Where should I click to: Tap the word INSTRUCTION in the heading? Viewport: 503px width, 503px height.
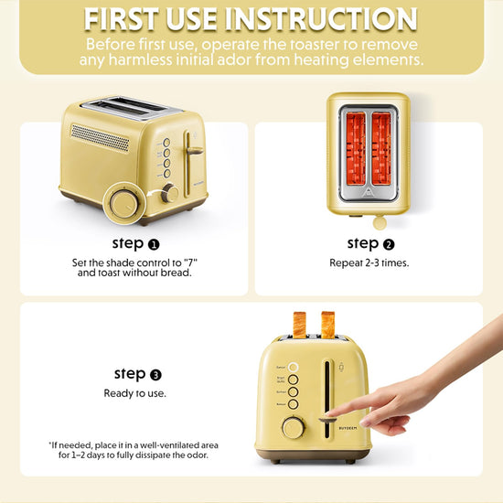click(x=321, y=19)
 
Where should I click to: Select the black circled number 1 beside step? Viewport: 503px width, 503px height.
click(x=154, y=245)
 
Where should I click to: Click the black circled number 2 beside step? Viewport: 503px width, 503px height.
click(x=389, y=245)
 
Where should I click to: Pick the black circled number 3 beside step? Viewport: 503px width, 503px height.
click(x=155, y=375)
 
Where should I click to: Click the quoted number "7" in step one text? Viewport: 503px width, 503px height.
click(x=190, y=262)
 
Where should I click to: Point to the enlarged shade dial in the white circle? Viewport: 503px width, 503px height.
click(x=124, y=204)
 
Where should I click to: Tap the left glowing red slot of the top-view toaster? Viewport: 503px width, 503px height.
click(x=356, y=148)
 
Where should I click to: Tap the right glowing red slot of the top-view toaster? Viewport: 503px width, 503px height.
click(x=381, y=148)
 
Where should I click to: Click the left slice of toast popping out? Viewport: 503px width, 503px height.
click(x=299, y=325)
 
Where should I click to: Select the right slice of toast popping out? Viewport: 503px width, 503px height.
click(x=327, y=325)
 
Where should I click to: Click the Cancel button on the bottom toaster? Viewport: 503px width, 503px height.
click(x=293, y=367)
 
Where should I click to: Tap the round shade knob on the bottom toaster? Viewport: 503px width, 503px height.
click(x=293, y=428)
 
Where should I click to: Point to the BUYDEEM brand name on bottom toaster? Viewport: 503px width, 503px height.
click(x=348, y=428)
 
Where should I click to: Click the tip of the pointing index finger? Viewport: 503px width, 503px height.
click(x=328, y=413)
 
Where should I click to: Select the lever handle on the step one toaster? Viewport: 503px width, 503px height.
click(x=195, y=151)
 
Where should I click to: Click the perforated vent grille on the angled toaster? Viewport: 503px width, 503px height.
click(x=100, y=137)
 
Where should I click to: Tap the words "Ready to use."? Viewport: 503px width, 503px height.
click(x=135, y=393)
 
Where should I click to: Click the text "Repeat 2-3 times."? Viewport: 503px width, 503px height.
click(x=369, y=262)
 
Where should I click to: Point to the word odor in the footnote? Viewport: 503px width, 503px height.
click(x=198, y=455)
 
